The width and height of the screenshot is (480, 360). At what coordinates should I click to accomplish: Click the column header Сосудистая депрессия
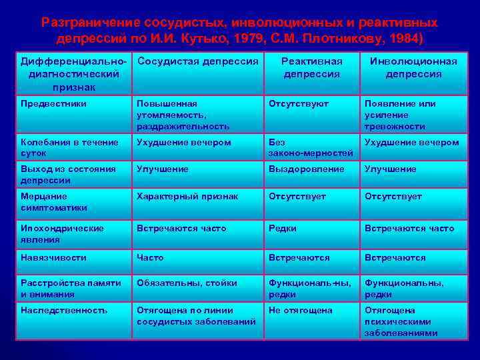click(197, 61)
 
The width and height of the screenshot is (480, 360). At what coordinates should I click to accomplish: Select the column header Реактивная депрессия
click(311, 67)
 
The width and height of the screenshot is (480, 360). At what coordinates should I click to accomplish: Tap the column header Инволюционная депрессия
click(413, 67)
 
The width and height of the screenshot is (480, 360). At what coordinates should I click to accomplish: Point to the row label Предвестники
click(54, 104)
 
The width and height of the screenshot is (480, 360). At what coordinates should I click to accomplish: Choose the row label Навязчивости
click(53, 257)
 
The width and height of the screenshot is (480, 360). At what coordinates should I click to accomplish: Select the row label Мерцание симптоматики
click(54, 201)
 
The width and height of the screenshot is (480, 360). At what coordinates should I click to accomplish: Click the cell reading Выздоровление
click(307, 169)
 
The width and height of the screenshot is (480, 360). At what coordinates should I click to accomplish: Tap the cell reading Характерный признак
click(187, 196)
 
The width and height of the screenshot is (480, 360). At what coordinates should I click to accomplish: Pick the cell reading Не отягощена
click(301, 311)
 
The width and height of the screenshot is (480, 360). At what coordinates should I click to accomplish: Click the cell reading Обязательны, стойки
click(187, 283)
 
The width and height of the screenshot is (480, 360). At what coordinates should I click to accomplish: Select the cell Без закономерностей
click(311, 147)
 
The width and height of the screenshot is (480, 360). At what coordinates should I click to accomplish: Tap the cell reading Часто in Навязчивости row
click(150, 257)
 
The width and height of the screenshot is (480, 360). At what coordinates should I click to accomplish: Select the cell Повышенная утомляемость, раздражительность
click(183, 115)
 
